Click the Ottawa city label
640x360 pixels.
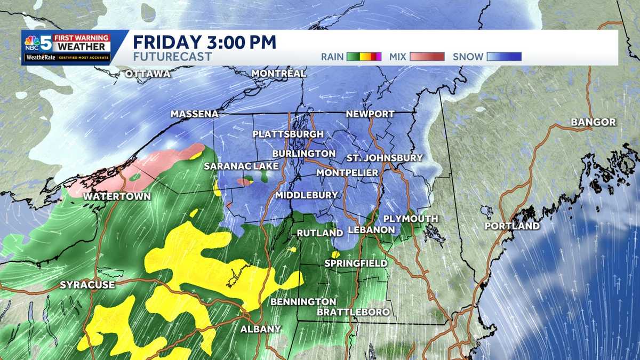pos(148,74)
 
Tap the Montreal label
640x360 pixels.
pos(278,73)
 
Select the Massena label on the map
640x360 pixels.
pos(195,114)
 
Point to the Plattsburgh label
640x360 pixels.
pos(288,134)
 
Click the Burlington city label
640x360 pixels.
pos(303,154)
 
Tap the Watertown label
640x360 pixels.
pos(117,196)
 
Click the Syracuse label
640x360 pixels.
pos(87,285)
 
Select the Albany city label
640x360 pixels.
pos(260,329)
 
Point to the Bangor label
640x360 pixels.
pos(593,122)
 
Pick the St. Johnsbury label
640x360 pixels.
pos(384,158)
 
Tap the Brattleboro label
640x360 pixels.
pos(353,312)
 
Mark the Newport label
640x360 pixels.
pos(370,114)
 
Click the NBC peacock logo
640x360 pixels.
pos(32,42)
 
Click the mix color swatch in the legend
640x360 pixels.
pos(427,57)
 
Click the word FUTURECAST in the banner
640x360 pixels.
pos(172,57)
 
